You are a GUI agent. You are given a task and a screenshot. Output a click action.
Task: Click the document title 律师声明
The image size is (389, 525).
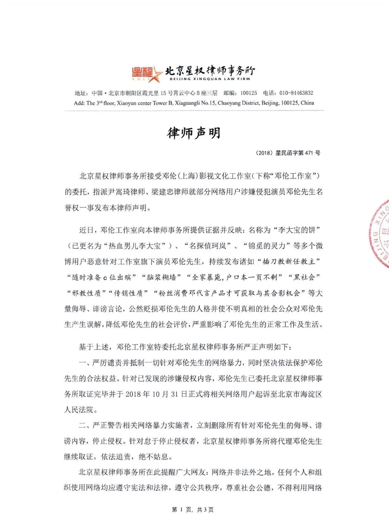point(194,133)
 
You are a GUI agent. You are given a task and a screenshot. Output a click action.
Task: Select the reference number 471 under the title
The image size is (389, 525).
point(309,153)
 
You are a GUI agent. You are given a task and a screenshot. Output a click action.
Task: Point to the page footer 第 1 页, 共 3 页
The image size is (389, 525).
point(193,509)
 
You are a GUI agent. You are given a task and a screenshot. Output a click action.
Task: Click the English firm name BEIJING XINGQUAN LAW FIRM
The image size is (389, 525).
point(210,79)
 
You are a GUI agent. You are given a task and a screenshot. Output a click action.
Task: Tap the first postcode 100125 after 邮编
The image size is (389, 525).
point(249,93)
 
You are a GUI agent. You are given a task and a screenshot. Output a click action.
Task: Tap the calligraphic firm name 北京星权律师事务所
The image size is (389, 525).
point(210,70)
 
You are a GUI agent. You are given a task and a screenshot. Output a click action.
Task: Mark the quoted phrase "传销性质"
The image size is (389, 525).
point(129,293)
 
